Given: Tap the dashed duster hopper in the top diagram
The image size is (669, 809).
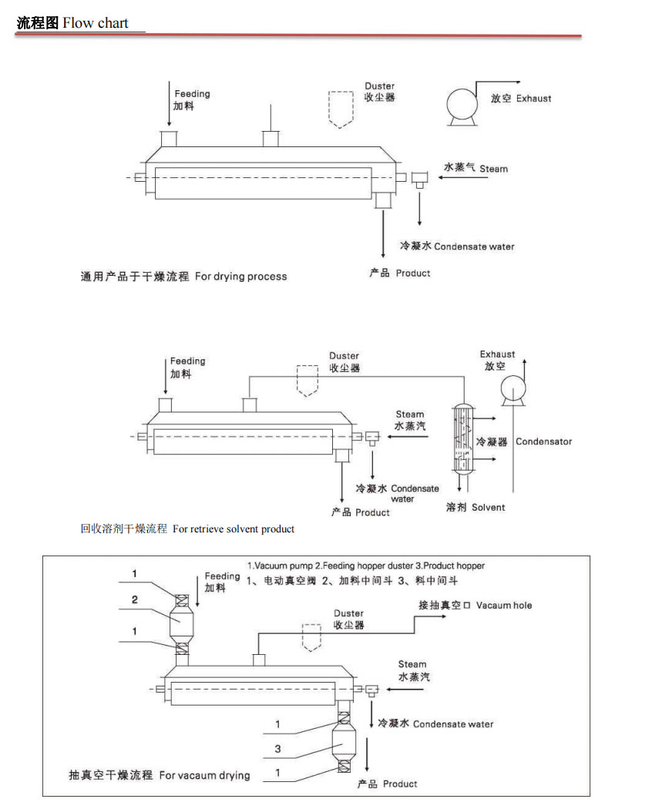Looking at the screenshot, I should point(340,109).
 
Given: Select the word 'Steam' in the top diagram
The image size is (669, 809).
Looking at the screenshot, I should point(493,169).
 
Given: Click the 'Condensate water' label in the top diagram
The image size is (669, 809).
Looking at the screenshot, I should point(473,247).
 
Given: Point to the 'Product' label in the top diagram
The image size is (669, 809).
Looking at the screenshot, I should point(413,274).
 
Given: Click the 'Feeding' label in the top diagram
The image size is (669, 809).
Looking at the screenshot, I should point(192,94).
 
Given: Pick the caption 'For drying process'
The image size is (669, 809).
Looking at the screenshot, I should point(240,277).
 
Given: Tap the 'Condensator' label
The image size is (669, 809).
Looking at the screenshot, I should point(543,441).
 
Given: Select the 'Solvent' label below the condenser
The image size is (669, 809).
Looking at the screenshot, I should point(488,507).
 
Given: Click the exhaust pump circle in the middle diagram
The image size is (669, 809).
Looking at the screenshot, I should point(512,390).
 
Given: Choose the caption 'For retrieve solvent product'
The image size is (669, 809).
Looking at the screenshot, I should point(234,529).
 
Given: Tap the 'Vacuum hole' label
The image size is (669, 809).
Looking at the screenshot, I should point(504,606).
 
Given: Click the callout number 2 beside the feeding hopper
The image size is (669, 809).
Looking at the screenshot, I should point(135,599).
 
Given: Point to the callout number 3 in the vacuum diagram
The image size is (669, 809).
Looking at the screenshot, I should point(277,748).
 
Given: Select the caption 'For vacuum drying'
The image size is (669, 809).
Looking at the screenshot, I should point(204,775).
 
